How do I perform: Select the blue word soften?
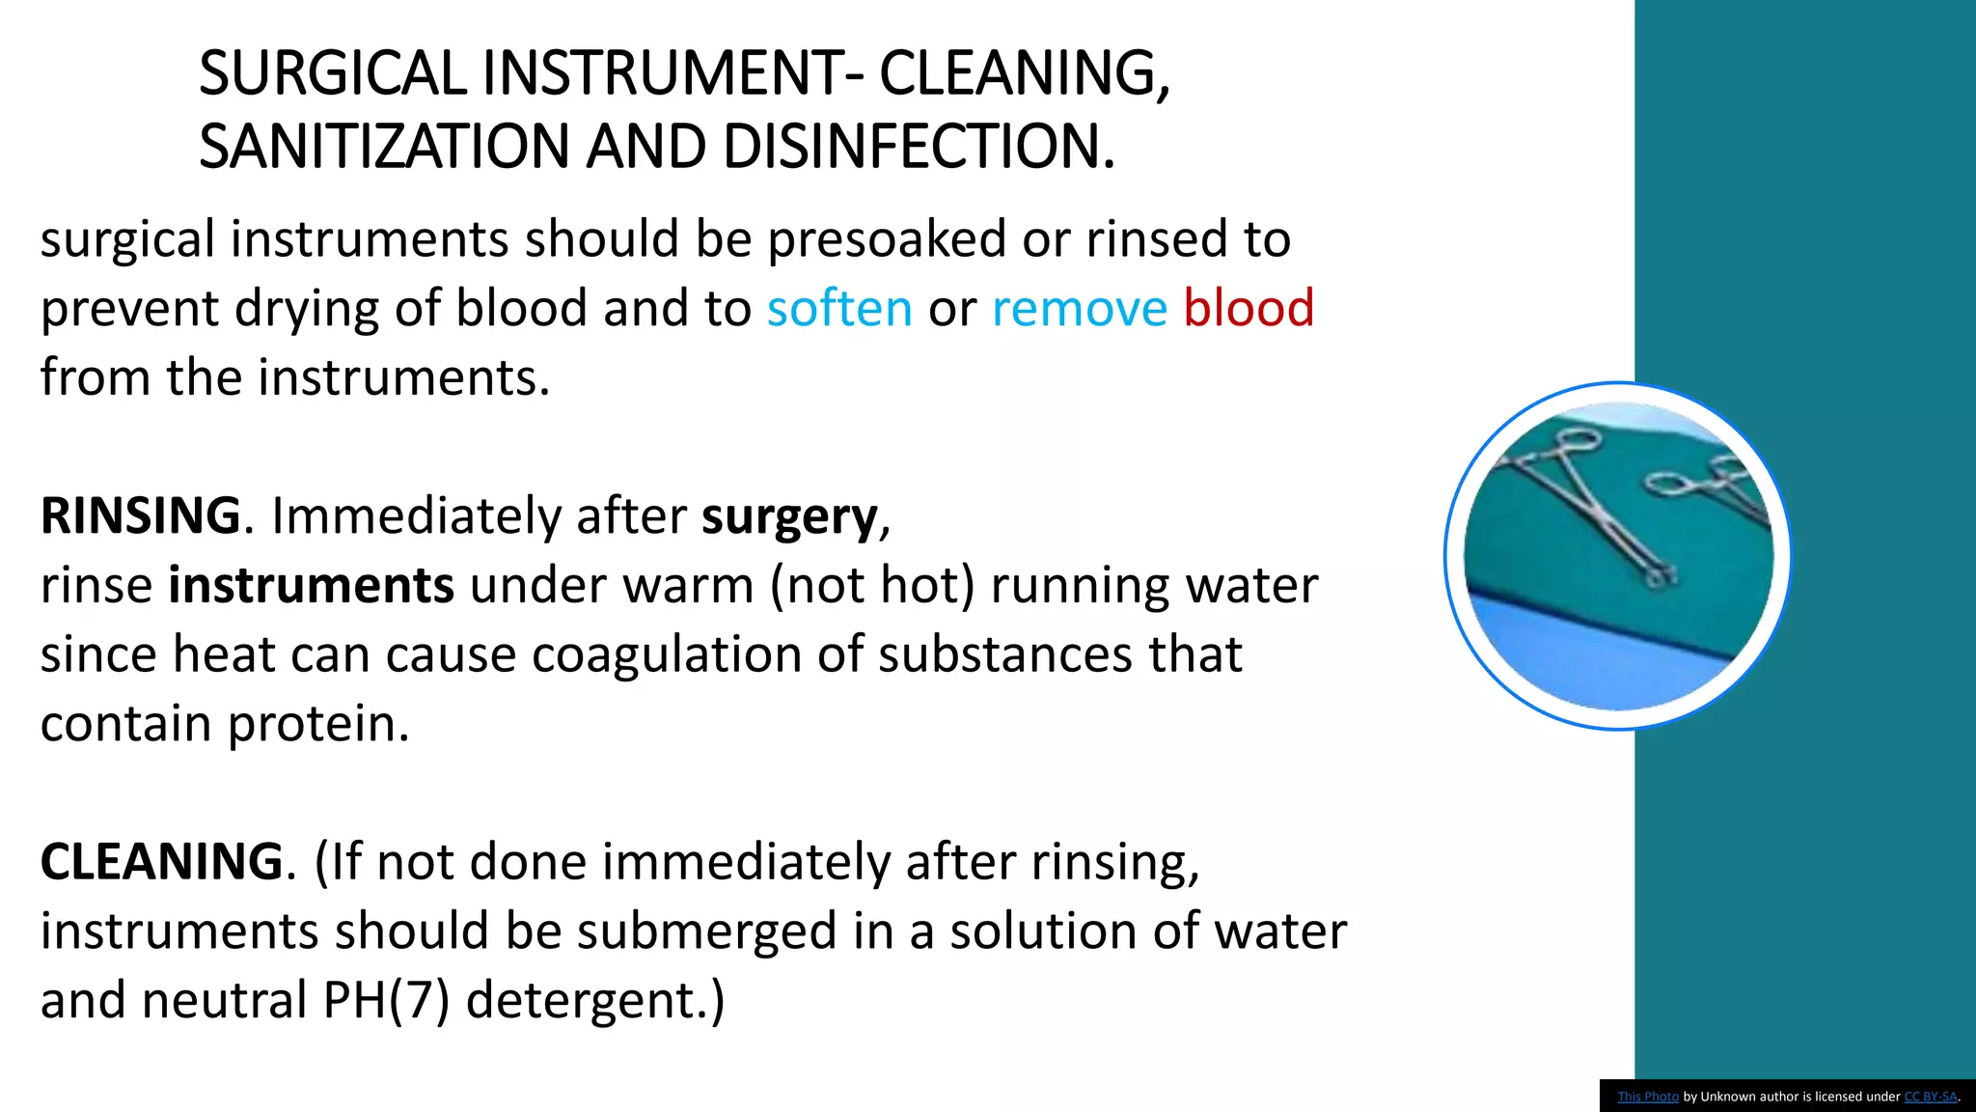[x=839, y=309]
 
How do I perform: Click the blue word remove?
[x=1080, y=309]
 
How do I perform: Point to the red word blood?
[x=1249, y=309]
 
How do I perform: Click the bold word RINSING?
[x=141, y=515]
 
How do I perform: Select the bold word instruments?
[x=311, y=586]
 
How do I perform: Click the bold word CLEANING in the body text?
[x=162, y=861]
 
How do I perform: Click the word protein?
[x=318, y=724]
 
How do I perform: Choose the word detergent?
[x=594, y=1000]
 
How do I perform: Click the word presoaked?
[x=887, y=239]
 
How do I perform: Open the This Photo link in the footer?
[x=1648, y=1097]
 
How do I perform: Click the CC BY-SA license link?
[x=1930, y=1097]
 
